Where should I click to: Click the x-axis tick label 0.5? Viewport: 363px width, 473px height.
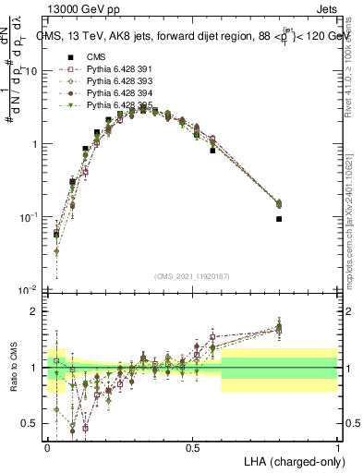pyautogui.click(x=192, y=448)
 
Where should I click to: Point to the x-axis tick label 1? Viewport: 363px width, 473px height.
pyautogui.click(x=337, y=448)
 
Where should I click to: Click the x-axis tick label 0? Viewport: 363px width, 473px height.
pyautogui.click(x=47, y=448)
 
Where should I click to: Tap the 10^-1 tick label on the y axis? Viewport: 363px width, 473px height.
pyautogui.click(x=30, y=217)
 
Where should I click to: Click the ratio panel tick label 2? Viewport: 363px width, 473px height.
pyautogui.click(x=37, y=311)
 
